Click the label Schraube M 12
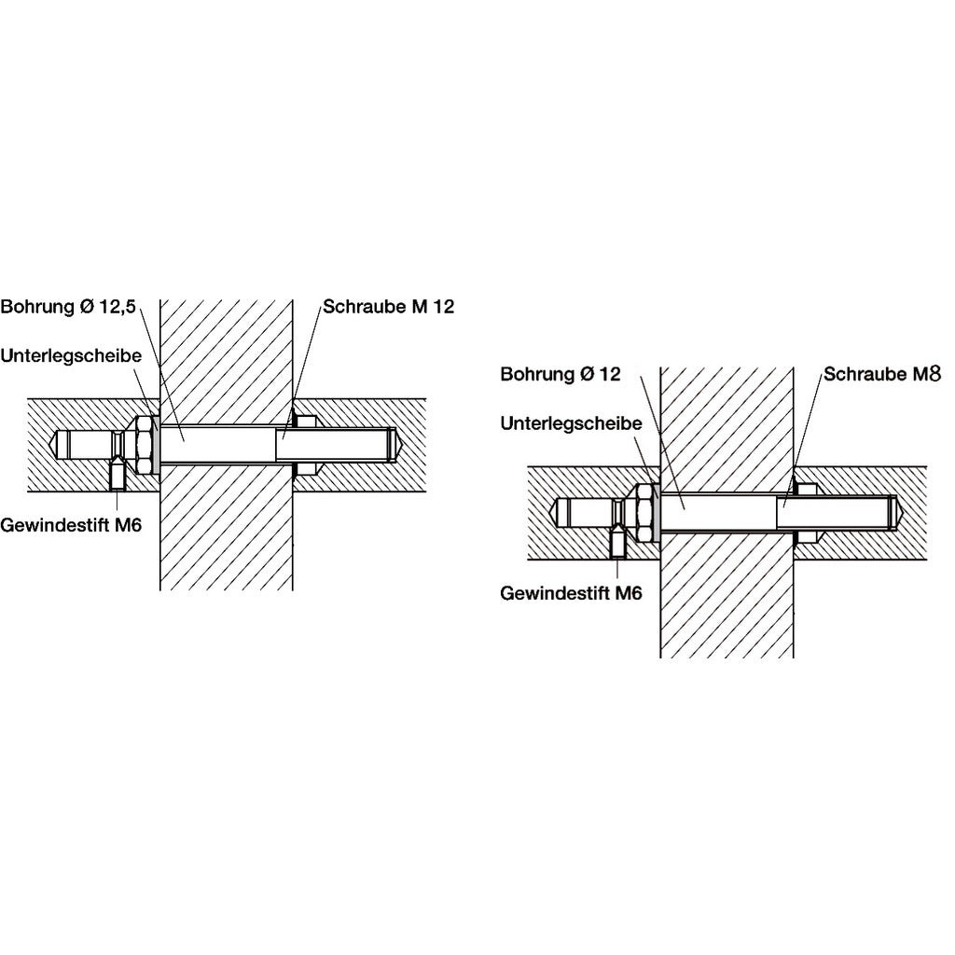[388, 307]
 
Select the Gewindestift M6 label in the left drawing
[71, 524]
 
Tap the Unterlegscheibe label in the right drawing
[571, 423]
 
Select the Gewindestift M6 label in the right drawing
[571, 592]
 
